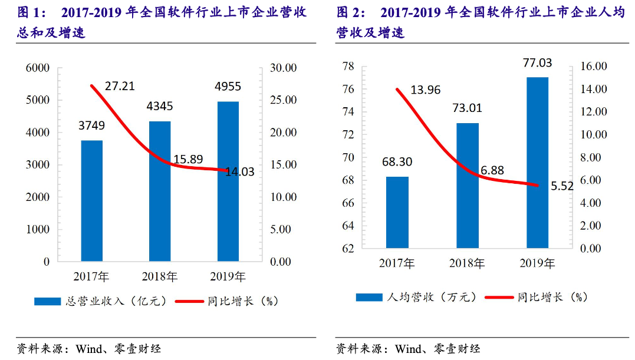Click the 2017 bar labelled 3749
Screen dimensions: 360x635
92,200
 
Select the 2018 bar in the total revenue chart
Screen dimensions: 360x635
160,191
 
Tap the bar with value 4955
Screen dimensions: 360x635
228,181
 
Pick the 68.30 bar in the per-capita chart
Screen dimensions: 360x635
397,212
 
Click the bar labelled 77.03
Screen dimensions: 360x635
537,162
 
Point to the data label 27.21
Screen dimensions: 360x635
120,86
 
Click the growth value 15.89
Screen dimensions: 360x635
188,159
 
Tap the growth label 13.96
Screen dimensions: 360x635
425,90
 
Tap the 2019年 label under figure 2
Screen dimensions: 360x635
537,263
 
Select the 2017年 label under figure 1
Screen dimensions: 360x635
92,276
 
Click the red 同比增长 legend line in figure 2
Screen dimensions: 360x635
499,298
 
